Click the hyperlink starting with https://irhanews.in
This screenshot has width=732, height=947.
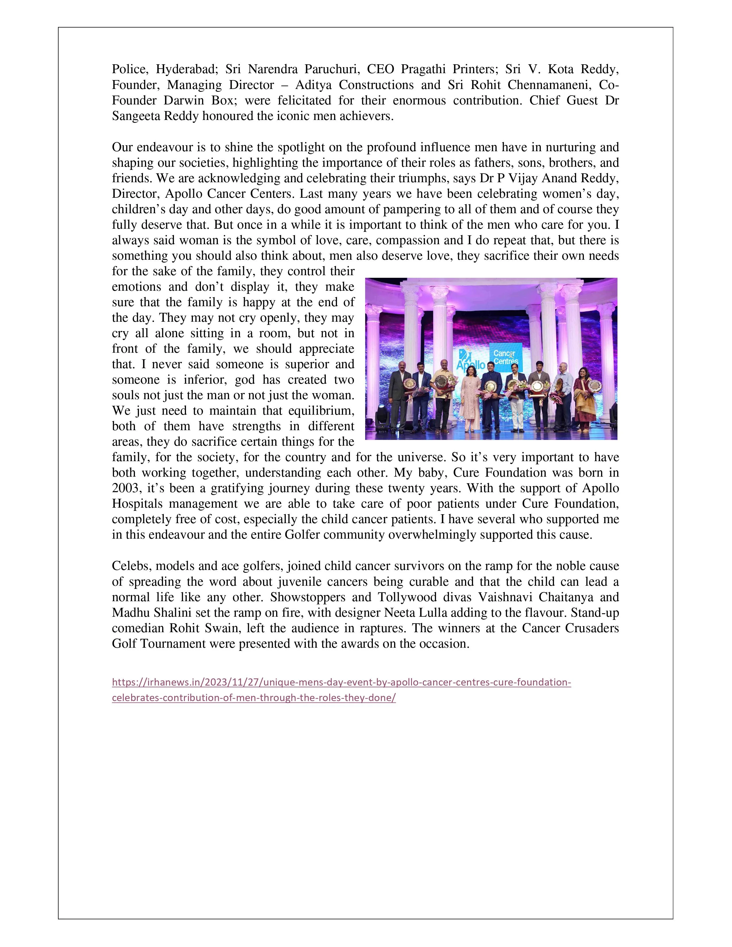(x=341, y=682)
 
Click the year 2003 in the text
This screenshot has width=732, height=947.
(x=125, y=488)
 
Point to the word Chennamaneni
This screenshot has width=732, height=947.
(x=553, y=85)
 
